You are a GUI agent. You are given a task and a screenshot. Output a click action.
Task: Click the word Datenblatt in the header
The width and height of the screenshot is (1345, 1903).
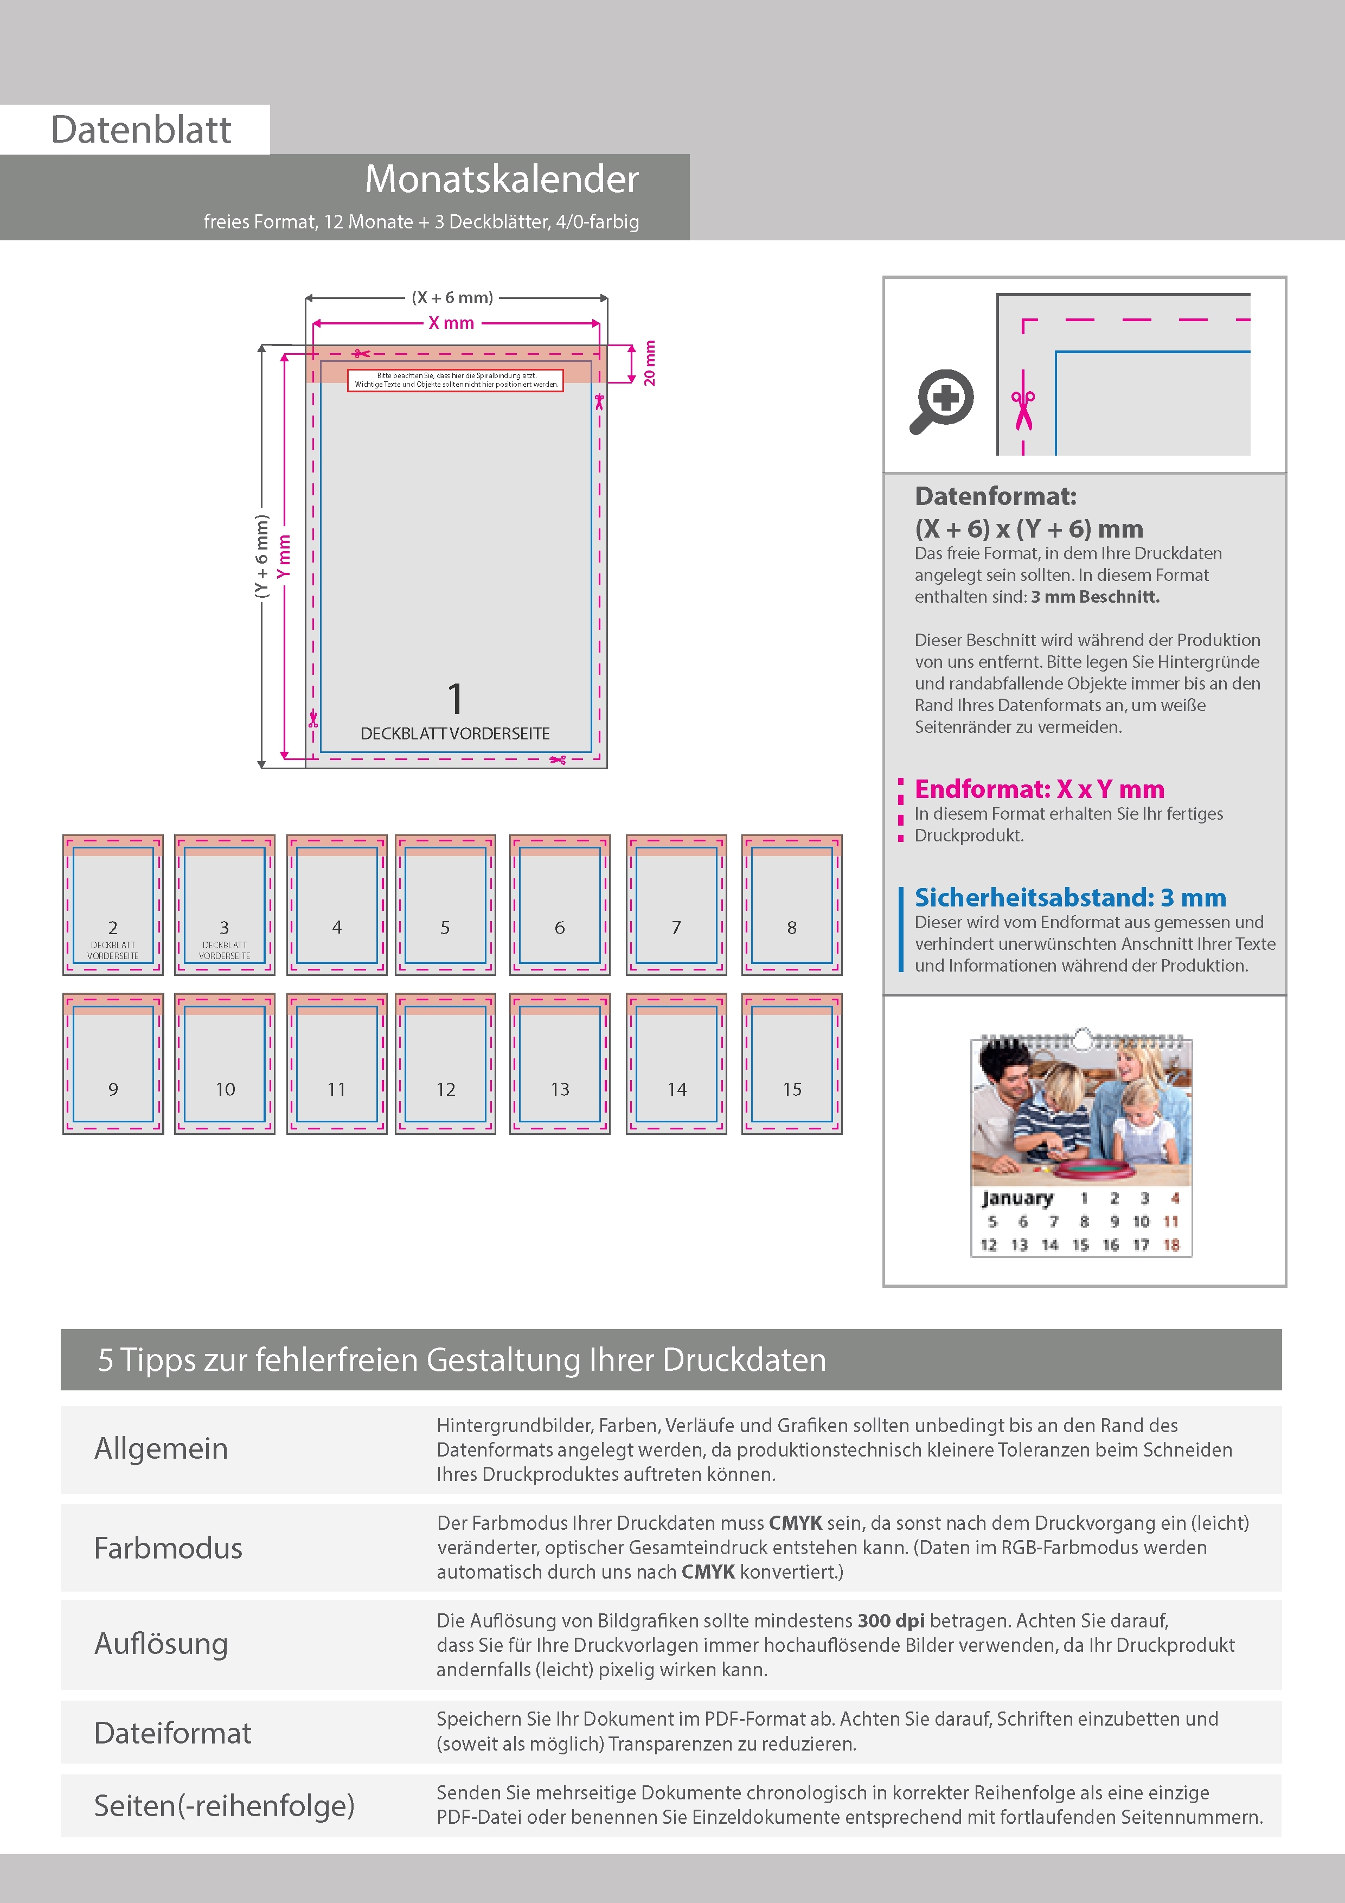(141, 130)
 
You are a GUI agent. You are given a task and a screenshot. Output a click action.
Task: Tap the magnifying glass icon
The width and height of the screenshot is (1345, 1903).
(941, 401)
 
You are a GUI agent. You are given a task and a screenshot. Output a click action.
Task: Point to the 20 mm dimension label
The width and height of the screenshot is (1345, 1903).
(650, 363)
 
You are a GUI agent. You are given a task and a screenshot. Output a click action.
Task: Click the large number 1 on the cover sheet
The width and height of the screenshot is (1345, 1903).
(455, 699)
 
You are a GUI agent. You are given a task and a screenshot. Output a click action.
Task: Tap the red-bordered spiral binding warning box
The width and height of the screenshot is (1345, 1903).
(455, 380)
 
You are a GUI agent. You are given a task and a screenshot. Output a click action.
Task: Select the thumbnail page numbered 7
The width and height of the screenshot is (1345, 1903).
(676, 904)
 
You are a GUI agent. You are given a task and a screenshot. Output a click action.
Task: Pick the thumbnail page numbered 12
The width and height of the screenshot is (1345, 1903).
(446, 1063)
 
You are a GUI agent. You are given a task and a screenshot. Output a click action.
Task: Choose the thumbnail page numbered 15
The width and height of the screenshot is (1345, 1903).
(792, 1063)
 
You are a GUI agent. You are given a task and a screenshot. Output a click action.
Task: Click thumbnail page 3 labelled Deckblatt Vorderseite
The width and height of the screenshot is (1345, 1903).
(225, 904)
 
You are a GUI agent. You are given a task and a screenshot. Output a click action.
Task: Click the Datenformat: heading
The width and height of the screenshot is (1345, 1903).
(995, 496)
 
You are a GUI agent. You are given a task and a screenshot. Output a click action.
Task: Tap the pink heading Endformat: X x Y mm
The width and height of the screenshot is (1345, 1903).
(1039, 789)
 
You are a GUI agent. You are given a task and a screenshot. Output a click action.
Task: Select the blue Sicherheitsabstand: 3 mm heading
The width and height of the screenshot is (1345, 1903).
(1070, 898)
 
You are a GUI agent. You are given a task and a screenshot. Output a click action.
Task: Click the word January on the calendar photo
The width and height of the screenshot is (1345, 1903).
(1017, 1198)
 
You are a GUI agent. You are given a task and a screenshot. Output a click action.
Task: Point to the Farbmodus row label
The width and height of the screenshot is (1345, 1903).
(168, 1548)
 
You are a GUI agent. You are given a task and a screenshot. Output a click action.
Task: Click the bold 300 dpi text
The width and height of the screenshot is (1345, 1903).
(891, 1620)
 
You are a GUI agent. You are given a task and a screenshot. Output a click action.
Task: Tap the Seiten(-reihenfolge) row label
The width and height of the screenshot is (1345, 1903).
(224, 1805)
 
